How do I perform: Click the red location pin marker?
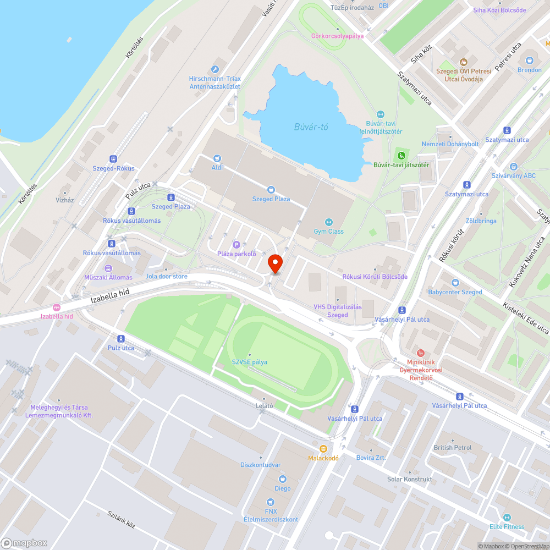(274, 263)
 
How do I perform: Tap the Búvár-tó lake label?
(310, 127)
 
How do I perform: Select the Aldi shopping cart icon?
(217, 158)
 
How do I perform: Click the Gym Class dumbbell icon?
(329, 222)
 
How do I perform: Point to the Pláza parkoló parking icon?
(237, 245)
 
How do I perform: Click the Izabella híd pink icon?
(57, 307)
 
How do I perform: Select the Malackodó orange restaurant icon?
(323, 449)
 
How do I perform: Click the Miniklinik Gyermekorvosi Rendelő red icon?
(421, 353)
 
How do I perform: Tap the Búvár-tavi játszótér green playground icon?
(401, 155)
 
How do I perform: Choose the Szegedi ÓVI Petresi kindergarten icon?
(463, 63)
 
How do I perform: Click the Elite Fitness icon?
(507, 518)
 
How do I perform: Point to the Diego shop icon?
(283, 479)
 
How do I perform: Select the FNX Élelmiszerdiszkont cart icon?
(270, 502)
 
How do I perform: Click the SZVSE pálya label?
(249, 362)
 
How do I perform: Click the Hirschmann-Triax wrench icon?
(215, 70)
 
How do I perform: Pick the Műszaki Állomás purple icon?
(108, 268)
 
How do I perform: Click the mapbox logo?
(25, 543)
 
